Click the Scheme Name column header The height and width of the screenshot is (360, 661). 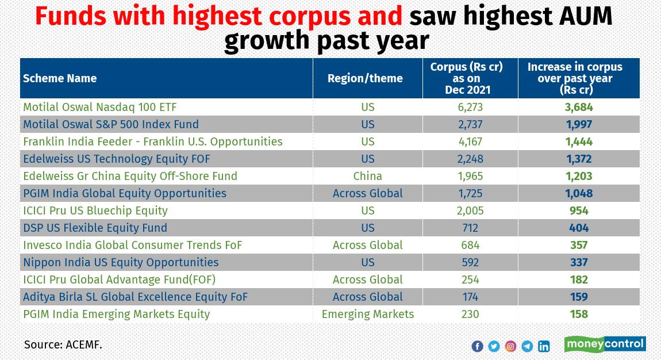(x=60, y=79)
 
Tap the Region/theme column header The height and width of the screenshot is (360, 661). (x=365, y=79)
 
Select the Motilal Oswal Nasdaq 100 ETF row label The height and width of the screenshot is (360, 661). (x=99, y=107)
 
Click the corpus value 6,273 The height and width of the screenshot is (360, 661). (x=470, y=107)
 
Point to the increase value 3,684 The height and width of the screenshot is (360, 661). (x=579, y=107)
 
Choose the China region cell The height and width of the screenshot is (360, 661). (x=368, y=176)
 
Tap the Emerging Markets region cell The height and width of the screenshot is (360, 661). (x=368, y=314)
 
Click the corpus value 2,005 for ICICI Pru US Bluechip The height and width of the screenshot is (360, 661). (x=470, y=210)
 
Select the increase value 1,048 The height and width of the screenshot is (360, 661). (x=579, y=193)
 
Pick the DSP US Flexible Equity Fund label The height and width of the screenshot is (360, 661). (x=95, y=228)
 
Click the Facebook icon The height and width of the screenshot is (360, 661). (x=477, y=346)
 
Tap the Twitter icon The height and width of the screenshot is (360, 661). (x=494, y=346)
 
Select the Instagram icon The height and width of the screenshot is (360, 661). (x=510, y=346)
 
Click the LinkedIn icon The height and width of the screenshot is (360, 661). (x=544, y=346)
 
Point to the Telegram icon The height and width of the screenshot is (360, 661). (x=527, y=346)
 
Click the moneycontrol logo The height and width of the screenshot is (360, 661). (x=605, y=344)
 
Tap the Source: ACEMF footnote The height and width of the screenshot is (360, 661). (x=63, y=345)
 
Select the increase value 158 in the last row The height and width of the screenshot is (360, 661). (x=579, y=314)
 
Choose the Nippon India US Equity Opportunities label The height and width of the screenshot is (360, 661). (x=121, y=262)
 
